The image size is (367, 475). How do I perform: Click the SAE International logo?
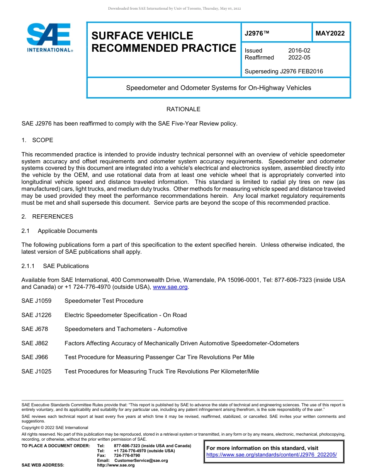49,37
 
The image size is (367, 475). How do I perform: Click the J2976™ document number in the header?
257,34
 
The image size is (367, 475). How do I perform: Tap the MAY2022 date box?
330,34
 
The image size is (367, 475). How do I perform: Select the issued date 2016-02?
299,51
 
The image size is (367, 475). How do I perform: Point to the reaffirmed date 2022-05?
299,58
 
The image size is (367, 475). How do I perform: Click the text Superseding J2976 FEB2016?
284,71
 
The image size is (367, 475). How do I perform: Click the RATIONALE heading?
183,109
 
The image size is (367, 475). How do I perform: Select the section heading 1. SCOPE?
37,140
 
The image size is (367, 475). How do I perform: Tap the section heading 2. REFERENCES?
47,217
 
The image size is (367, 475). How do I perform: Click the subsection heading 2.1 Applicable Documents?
59,231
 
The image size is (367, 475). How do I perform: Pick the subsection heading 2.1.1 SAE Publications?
55,266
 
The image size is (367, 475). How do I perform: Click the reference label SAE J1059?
36,301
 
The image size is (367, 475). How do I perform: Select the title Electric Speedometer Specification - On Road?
126,315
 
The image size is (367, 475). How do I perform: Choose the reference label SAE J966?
35,357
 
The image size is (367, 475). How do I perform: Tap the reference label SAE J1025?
36,372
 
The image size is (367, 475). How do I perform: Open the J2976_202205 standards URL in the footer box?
272,455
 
